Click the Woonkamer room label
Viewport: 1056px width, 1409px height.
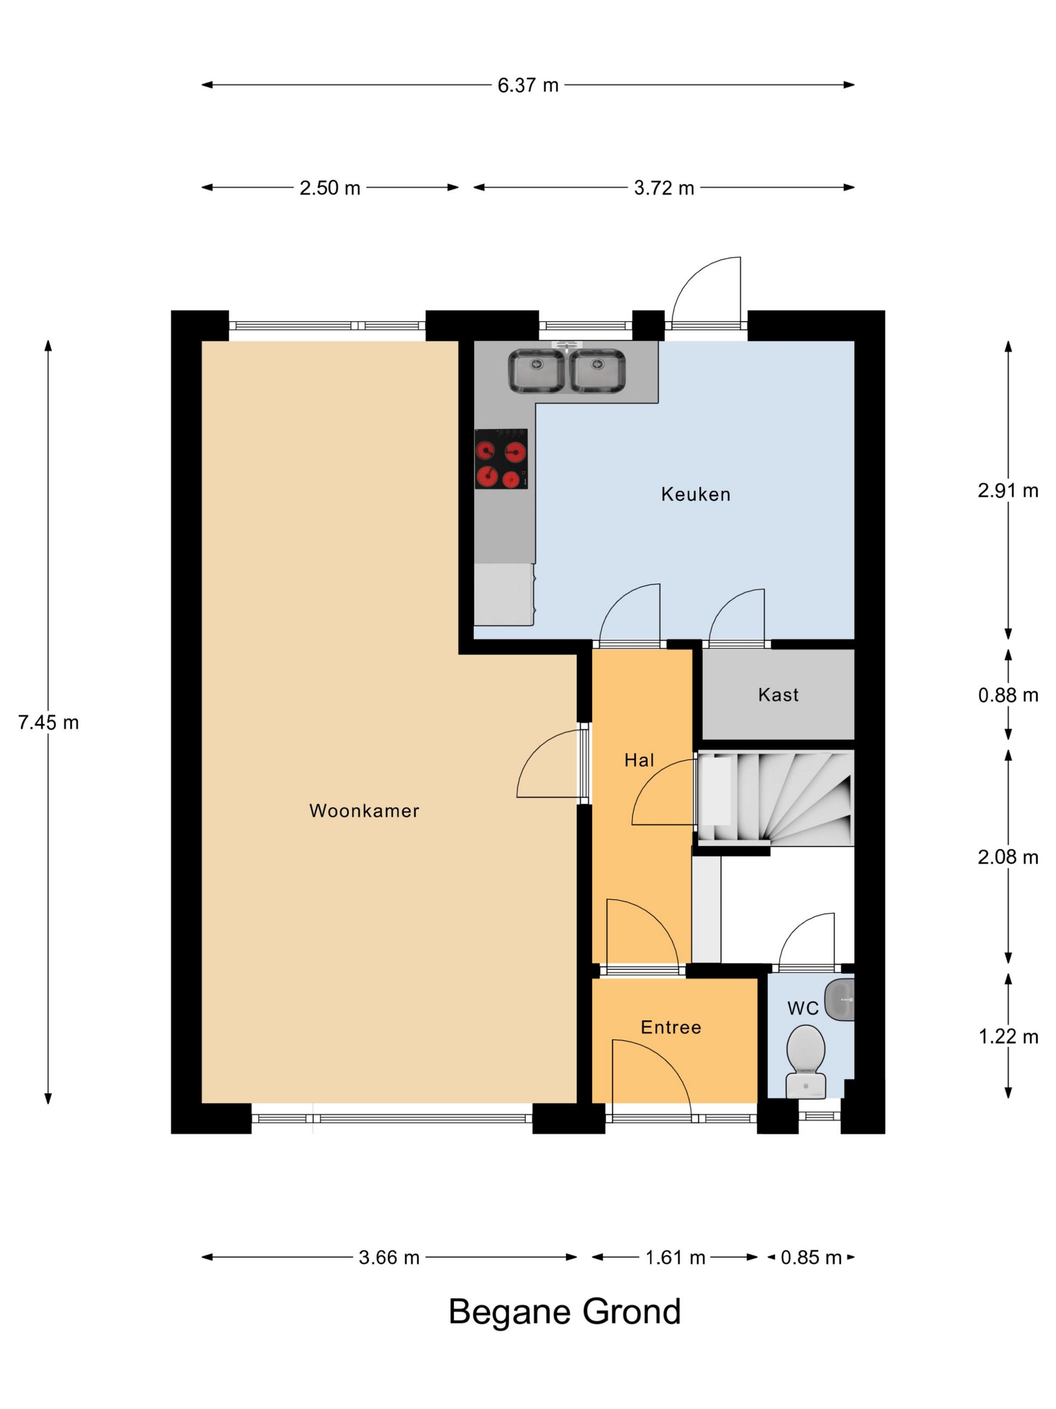(x=364, y=810)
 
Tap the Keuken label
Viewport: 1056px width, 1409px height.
(x=696, y=494)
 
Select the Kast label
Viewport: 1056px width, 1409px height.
(x=778, y=694)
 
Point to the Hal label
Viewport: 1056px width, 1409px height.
(x=639, y=760)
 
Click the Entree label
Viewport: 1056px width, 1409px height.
(x=671, y=1027)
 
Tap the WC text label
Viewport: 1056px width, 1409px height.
(x=803, y=1008)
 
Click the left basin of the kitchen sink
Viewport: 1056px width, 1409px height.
(x=536, y=371)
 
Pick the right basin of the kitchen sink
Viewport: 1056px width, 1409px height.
(x=597, y=371)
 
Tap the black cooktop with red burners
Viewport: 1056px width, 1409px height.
(x=501, y=458)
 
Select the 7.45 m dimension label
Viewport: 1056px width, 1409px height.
(x=48, y=722)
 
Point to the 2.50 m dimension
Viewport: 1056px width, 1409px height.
(x=330, y=188)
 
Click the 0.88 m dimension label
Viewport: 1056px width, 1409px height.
(x=1008, y=695)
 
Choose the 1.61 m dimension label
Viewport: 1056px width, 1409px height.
(x=675, y=1258)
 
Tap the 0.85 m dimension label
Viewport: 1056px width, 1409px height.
(x=811, y=1258)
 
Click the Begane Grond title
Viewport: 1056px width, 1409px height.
(x=565, y=1312)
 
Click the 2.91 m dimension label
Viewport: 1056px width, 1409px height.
(x=1008, y=491)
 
